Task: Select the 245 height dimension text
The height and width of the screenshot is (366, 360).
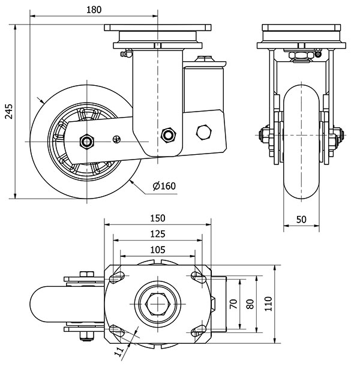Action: point(8,111)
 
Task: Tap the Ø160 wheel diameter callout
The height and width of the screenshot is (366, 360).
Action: point(164,186)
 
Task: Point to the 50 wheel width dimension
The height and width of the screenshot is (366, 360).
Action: point(301,220)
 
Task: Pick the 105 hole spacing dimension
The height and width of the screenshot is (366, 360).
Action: point(158,249)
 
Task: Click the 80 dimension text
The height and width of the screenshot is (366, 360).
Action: point(250,304)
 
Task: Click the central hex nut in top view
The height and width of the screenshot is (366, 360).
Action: point(158,305)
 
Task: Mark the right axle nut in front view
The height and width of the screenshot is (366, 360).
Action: point(336,136)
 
